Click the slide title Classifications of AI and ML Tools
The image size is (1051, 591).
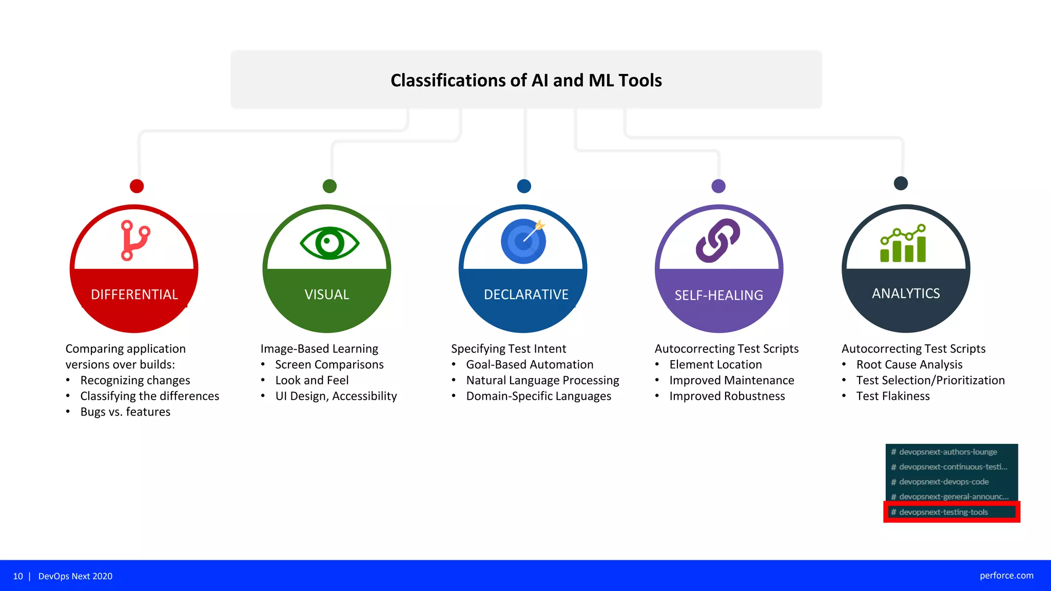[526, 81]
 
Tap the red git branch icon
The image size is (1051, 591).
[134, 240]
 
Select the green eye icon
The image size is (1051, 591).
[329, 243]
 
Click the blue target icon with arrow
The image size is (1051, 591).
[523, 241]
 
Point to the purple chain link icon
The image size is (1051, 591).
[718, 241]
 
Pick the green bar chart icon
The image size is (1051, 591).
[903, 244]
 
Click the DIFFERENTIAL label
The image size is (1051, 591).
[134, 294]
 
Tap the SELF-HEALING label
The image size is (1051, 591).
[718, 295]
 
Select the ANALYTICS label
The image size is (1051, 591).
[906, 293]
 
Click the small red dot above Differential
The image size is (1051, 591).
[137, 186]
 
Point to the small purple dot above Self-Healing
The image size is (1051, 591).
[718, 186]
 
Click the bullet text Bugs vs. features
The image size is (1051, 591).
[125, 412]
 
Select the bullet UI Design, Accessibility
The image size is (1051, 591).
[336, 396]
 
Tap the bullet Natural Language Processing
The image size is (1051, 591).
[542, 380]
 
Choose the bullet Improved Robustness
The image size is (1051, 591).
[727, 396]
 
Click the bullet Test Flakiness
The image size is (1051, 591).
[893, 396]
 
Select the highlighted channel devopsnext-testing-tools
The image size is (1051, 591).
[943, 512]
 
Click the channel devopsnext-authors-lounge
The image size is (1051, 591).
[948, 452]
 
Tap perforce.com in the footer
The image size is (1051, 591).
[1006, 576]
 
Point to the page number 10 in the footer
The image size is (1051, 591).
[18, 576]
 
